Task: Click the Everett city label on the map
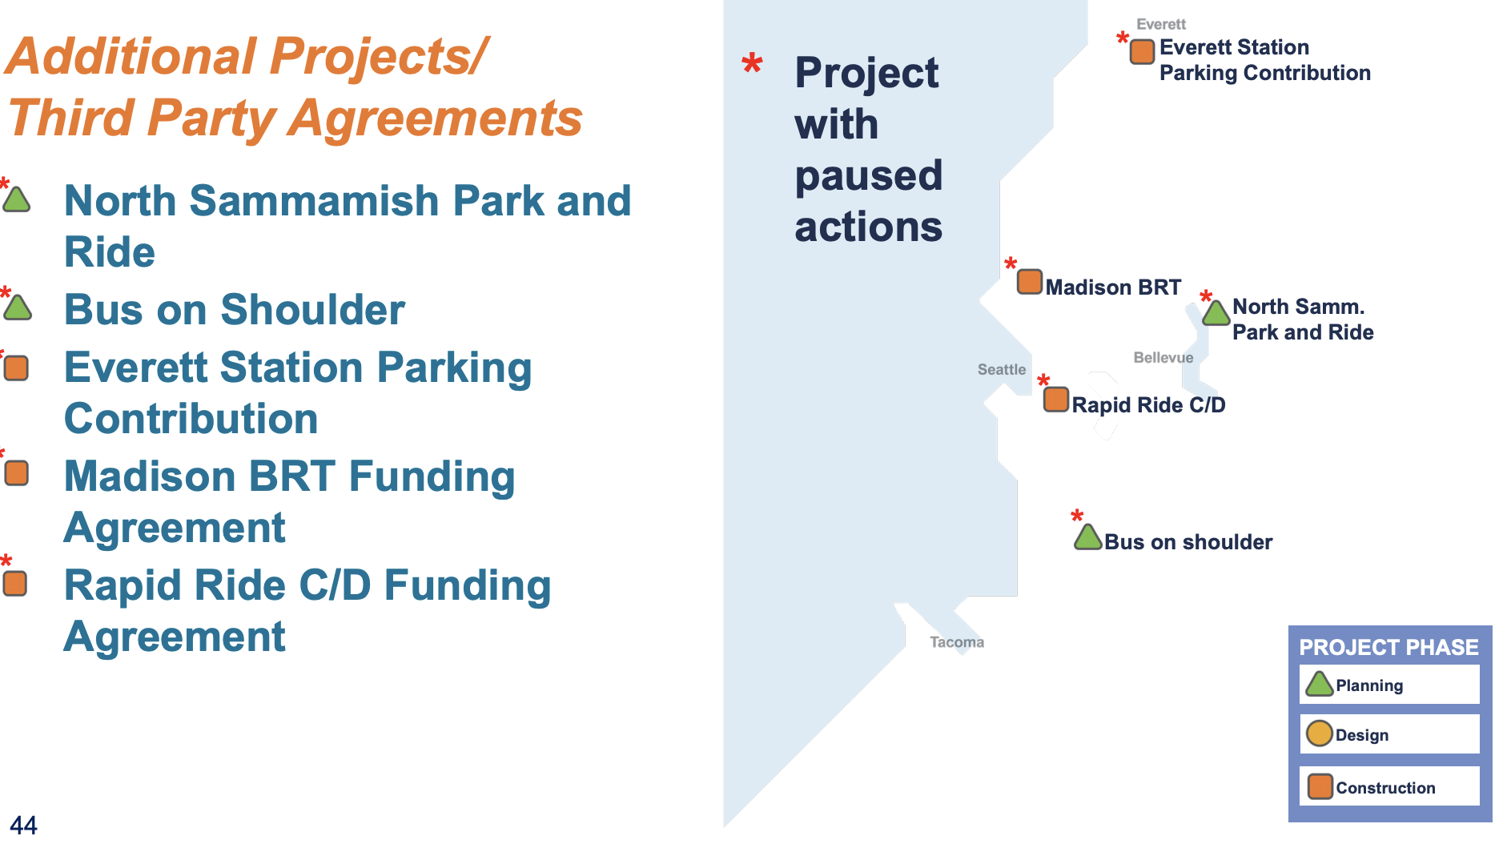tap(1160, 24)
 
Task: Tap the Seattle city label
tap(1001, 369)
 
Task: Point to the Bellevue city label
tap(1163, 357)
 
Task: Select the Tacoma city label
tap(956, 641)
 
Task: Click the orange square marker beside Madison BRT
tap(1030, 282)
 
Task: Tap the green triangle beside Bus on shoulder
tap(1088, 537)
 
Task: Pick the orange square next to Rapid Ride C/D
tap(1056, 399)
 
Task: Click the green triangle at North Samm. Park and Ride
tap(1216, 313)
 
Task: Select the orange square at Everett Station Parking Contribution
tap(1142, 51)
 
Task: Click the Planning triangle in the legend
tap(1319, 685)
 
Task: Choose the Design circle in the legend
tap(1319, 733)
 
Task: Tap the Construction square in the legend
tap(1320, 786)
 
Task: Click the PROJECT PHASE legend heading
tap(1388, 647)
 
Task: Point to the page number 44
tap(23, 825)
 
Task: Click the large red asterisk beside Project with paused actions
tap(752, 63)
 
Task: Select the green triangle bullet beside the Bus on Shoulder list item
tap(18, 307)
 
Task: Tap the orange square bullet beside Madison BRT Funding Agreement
tap(17, 472)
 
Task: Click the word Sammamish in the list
tap(314, 200)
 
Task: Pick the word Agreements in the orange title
tap(436, 119)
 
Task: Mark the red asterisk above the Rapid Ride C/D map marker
tap(1043, 380)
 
